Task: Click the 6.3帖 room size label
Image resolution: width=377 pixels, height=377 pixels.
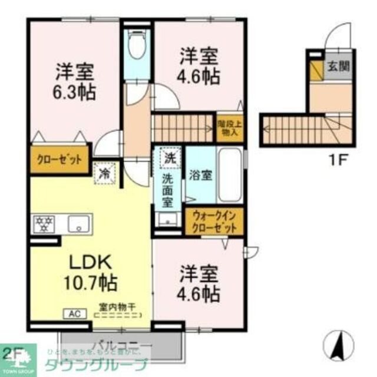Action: point(76,92)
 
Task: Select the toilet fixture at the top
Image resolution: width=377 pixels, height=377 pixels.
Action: point(137,47)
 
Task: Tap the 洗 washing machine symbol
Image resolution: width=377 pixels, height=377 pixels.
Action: point(170,157)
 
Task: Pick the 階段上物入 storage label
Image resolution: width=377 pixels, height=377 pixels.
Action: point(229,128)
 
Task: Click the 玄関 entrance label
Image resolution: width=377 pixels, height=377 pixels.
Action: point(338,66)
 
